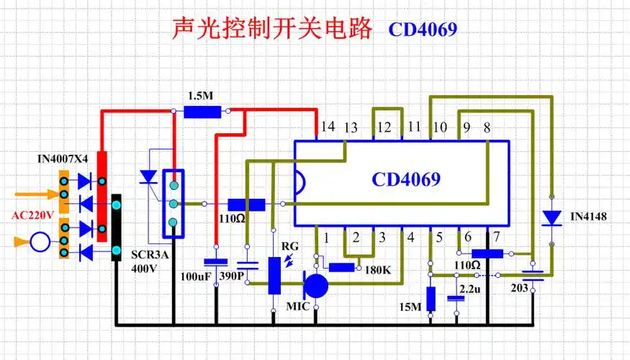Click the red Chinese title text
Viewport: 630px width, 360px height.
[x=273, y=29]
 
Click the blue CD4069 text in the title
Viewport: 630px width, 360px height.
[x=423, y=30]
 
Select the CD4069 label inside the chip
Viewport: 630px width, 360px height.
[x=406, y=179]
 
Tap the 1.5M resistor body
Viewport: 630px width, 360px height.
[x=202, y=112]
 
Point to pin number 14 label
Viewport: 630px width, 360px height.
[x=328, y=127]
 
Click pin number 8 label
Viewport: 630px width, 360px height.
[x=487, y=127]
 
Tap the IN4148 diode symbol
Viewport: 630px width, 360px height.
[x=552, y=217]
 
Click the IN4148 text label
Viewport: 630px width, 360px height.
[x=588, y=216]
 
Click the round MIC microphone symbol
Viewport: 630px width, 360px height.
[x=315, y=286]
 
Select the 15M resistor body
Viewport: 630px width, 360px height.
[x=431, y=298]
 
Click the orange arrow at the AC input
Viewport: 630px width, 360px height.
[x=35, y=194]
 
